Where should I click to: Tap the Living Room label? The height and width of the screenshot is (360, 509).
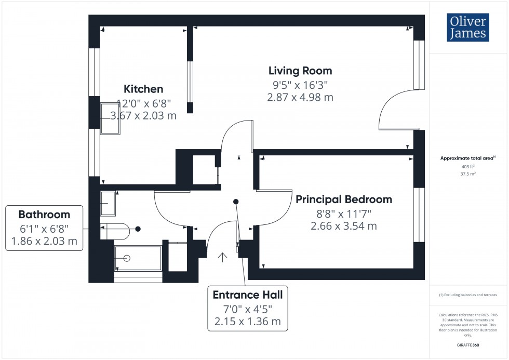300,71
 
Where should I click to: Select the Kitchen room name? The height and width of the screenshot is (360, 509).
143,89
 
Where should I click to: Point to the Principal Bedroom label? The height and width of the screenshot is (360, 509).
343,199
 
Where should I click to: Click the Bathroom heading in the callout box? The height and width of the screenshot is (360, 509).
44,215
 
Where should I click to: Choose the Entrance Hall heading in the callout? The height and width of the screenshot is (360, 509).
248,295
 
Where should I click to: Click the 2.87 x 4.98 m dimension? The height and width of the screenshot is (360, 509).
300,97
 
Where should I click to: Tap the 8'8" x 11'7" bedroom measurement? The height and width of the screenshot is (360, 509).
343,213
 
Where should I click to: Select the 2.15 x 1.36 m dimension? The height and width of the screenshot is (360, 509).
248,322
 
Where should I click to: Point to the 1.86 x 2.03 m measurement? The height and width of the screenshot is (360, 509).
44,241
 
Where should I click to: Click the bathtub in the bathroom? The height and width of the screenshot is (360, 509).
138,258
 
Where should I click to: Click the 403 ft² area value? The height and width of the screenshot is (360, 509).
468,166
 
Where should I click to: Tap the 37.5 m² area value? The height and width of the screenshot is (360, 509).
468,174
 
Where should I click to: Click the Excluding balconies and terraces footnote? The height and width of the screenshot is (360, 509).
468,295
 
